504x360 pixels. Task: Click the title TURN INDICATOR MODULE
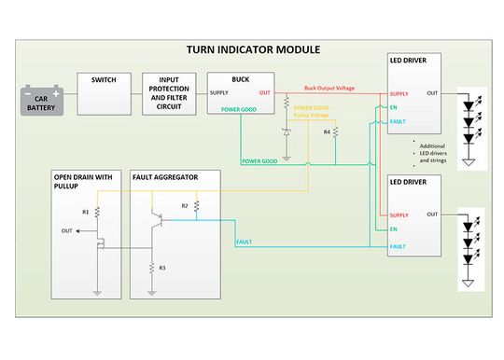click(253, 49)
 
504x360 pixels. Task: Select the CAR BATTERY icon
click(42, 100)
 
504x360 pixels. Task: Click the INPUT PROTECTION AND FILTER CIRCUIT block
click(170, 93)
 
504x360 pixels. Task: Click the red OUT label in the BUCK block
click(264, 93)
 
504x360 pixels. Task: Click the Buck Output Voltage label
click(329, 89)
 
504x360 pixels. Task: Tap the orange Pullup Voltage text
click(311, 114)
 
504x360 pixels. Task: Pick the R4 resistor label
click(327, 132)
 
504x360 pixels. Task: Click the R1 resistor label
click(86, 212)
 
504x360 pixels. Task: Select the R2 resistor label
click(185, 204)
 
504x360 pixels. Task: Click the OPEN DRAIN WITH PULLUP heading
click(86, 180)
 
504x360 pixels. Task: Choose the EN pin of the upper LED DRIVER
click(395, 108)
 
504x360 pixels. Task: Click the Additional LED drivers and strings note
click(431, 153)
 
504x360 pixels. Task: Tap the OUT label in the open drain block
click(66, 229)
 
